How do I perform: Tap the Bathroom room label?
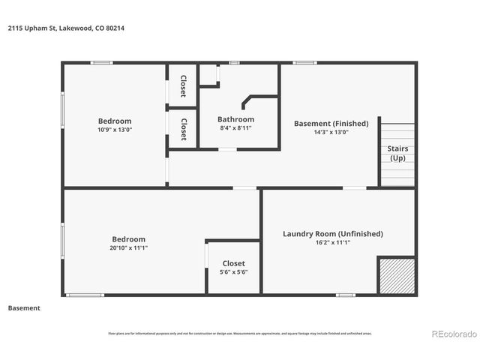tap(235, 119)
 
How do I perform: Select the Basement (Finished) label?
tap(331, 123)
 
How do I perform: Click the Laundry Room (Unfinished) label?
tap(332, 233)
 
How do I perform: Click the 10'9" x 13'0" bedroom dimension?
tap(115, 130)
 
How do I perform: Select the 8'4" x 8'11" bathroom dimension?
tap(235, 128)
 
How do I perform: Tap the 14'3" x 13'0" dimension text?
tap(331, 133)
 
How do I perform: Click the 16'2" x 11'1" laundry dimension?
tap(332, 242)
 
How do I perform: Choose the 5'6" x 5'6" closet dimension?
tap(233, 271)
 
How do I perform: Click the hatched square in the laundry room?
tap(395, 276)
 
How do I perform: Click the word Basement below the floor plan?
tap(24, 307)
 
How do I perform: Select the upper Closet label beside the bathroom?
tap(183, 86)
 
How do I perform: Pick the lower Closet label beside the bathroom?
tap(183, 128)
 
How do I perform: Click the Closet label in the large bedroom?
tap(233, 263)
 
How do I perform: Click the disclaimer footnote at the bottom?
tap(239, 334)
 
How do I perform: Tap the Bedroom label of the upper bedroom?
tap(115, 121)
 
